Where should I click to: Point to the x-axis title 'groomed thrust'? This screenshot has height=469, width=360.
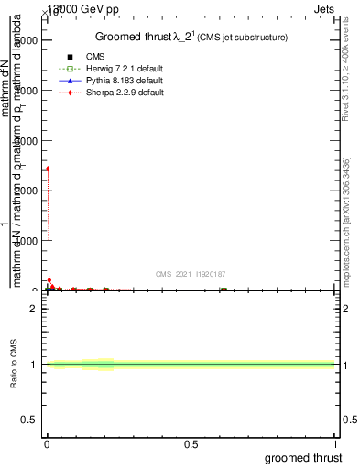pyautogui.click(x=305, y=457)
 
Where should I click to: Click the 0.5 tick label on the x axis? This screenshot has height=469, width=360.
pyautogui.click(x=191, y=442)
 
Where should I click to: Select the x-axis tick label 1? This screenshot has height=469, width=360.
pyautogui.click(x=336, y=442)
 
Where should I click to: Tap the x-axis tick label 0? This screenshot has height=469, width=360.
pyautogui.click(x=47, y=442)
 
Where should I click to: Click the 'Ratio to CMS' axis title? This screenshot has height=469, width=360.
pyautogui.click(x=15, y=365)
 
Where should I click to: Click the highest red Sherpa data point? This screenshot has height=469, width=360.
pyautogui.click(x=48, y=169)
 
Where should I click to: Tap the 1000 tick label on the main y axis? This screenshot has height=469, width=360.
pyautogui.click(x=27, y=241)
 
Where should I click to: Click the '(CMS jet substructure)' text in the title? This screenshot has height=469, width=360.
pyautogui.click(x=245, y=38)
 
